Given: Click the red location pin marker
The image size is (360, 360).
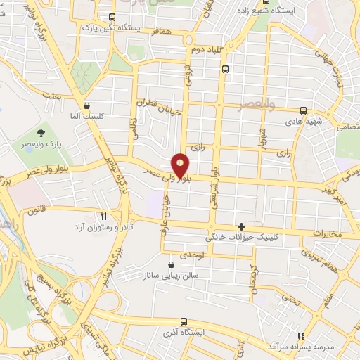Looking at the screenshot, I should [181, 166].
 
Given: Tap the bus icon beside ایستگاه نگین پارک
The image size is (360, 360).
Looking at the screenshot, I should [112, 18].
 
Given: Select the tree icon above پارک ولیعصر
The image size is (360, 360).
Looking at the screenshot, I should [42, 131].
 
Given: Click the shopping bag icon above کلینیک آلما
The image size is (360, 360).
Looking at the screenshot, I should [86, 106].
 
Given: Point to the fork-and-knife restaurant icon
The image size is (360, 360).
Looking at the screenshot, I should [104, 216].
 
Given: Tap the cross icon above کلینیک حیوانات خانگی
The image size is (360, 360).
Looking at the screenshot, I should [242, 226].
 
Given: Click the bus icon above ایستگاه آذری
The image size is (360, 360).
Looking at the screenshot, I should [184, 320].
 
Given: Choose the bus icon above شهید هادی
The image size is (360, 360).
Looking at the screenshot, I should [303, 110].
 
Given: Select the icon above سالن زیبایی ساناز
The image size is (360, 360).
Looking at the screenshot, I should [172, 264].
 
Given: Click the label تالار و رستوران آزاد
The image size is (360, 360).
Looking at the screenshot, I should [104, 229].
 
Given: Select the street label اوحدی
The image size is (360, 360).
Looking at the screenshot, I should [192, 255].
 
